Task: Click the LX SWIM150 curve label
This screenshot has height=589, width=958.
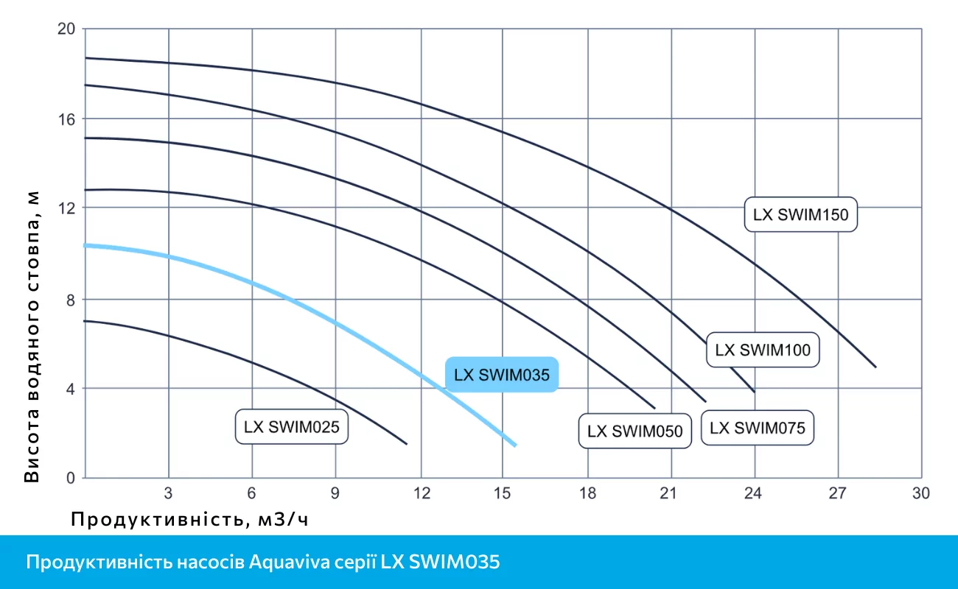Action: click(801, 215)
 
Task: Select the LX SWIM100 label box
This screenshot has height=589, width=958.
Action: click(763, 350)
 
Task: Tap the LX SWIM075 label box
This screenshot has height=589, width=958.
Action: click(758, 428)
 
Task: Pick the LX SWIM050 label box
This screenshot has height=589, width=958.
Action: click(634, 431)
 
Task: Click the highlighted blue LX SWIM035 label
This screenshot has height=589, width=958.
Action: click(502, 375)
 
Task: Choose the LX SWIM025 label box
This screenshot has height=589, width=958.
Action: click(291, 426)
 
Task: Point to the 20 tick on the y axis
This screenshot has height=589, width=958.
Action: click(67, 29)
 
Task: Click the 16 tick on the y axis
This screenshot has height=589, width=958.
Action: click(67, 119)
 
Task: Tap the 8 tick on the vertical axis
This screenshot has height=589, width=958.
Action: click(71, 299)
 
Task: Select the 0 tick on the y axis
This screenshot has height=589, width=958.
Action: click(71, 479)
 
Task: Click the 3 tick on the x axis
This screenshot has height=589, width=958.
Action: click(168, 494)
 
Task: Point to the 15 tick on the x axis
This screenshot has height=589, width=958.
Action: click(503, 494)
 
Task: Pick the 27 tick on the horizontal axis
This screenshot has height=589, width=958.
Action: click(838, 494)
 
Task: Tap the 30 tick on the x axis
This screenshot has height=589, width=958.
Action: click(921, 494)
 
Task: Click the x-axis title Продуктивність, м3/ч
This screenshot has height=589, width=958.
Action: click(189, 520)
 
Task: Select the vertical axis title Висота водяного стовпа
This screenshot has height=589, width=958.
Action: click(32, 335)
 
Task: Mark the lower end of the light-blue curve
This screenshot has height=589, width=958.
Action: click(515, 445)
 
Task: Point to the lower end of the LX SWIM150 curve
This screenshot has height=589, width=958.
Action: click(875, 366)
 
